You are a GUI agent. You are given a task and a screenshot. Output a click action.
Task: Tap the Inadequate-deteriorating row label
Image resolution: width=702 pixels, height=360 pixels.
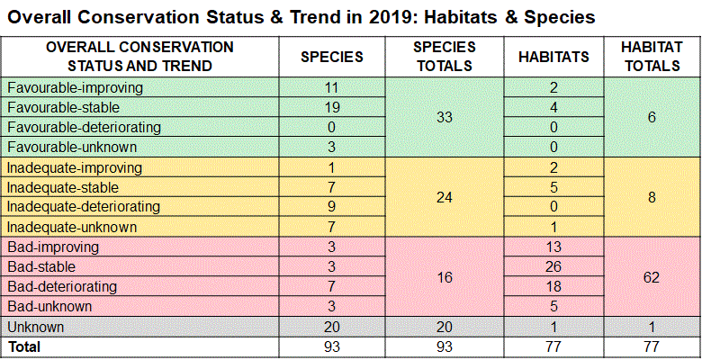[84, 207]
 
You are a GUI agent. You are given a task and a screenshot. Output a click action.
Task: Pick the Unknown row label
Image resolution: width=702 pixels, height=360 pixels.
[35, 326]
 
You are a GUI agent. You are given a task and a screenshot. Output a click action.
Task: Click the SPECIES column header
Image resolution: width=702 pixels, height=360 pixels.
[331, 57]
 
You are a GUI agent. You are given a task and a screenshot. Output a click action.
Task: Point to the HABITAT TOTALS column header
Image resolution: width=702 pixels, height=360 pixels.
[651, 57]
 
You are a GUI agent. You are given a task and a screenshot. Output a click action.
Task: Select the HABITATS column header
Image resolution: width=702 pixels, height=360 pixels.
[553, 57]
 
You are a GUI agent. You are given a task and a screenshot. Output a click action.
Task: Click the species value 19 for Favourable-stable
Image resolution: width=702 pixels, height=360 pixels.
[331, 108]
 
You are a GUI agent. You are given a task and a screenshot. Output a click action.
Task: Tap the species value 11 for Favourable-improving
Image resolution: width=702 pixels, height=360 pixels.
[331, 88]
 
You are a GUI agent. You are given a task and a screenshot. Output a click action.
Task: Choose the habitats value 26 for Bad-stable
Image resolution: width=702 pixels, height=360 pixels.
[553, 266]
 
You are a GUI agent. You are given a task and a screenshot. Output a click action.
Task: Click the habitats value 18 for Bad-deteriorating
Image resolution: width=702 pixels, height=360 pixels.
[553, 286]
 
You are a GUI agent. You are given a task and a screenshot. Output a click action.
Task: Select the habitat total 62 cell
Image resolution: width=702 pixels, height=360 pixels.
[651, 276]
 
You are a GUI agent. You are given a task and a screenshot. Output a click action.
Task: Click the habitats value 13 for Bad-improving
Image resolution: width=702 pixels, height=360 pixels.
[553, 247]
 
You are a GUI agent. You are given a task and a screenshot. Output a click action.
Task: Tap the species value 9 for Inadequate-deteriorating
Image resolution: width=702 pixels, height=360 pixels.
[331, 207]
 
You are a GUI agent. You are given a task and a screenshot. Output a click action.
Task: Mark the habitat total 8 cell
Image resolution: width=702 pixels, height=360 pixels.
[651, 197]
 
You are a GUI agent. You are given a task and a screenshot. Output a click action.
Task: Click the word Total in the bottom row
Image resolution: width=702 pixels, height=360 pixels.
[24, 346]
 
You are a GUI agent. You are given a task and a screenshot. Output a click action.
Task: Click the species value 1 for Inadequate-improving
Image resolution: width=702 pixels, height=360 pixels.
[331, 167]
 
